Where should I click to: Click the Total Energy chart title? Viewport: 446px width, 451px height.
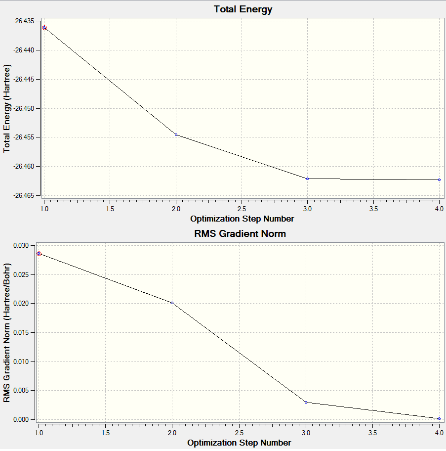tap(243, 9)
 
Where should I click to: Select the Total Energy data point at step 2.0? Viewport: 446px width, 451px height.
tap(176, 135)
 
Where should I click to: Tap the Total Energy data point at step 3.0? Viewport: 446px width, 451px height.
tap(307, 179)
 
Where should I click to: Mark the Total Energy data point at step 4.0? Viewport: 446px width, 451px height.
tap(439, 180)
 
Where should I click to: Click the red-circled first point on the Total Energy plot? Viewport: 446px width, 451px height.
tap(44, 28)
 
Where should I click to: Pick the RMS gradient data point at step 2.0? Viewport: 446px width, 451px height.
tap(172, 303)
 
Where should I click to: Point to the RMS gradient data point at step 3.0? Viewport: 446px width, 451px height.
tap(306, 402)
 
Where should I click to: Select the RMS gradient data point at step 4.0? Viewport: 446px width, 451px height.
tap(439, 418)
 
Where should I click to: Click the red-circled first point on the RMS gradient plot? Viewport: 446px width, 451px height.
tap(39, 254)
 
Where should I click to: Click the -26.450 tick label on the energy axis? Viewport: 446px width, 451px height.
tap(24, 108)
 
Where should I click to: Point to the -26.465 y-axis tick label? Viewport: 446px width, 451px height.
tap(24, 196)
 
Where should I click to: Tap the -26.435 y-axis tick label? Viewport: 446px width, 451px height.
tap(24, 21)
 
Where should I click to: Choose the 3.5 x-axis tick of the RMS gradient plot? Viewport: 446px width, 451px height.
tap(372, 433)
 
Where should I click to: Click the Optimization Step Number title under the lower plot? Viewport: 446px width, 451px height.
tap(239, 443)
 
